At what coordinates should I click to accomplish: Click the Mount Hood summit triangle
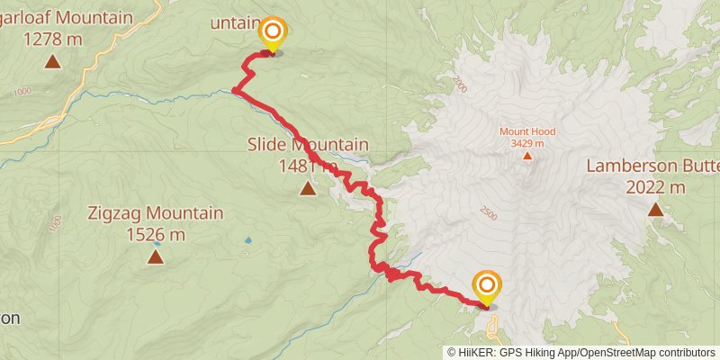527,155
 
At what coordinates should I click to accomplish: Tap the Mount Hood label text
527,131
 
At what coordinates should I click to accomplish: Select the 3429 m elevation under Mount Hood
527,143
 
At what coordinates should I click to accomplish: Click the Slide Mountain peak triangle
308,188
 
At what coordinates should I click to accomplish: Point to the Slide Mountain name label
308,144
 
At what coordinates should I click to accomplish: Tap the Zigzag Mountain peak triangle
156,257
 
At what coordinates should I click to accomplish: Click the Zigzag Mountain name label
156,214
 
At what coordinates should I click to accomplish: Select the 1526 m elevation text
156,235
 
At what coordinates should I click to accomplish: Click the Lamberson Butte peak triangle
655,210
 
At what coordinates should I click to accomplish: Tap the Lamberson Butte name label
653,166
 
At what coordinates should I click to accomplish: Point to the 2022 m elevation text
653,187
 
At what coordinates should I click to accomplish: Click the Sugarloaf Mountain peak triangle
52,61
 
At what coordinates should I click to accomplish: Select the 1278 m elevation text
52,39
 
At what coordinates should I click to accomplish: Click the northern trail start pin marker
272,34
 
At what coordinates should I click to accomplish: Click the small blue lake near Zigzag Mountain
247,241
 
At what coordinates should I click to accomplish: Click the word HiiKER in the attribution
476,353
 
